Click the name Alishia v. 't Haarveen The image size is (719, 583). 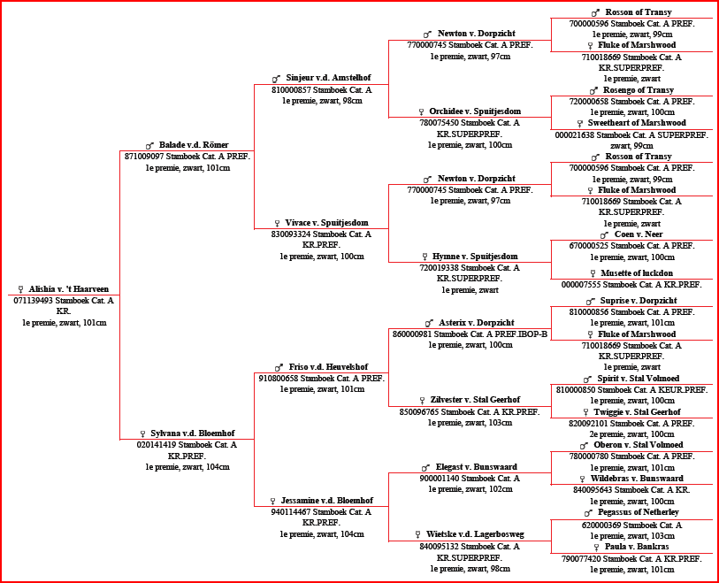69,289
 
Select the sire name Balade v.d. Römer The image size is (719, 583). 194,145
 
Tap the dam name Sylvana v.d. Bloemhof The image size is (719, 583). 193,433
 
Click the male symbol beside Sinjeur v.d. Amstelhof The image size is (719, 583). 276,79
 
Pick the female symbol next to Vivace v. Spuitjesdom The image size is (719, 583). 277,224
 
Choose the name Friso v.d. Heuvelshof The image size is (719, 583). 328,367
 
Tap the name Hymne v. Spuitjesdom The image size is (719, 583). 475,256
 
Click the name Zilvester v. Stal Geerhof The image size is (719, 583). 475,400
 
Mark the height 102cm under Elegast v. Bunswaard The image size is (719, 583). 501,489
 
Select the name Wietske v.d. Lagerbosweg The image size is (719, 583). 475,534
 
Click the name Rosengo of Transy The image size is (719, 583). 639,90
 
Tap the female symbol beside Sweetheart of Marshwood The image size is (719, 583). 580,123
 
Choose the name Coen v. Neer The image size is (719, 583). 639,234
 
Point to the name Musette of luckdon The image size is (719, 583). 637,273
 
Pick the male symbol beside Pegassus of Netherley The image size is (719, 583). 589,513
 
